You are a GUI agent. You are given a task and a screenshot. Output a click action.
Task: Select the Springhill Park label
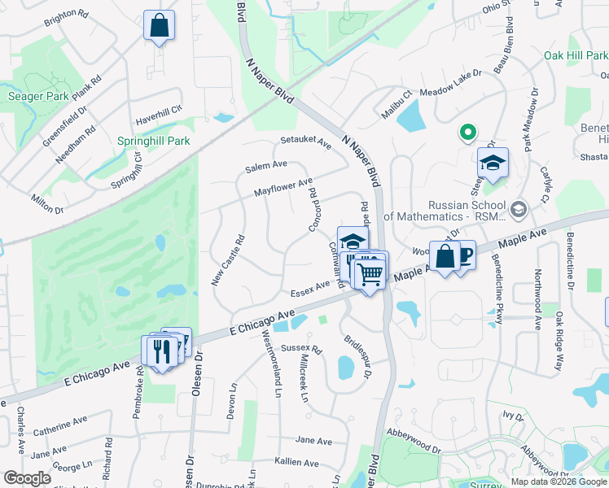153,141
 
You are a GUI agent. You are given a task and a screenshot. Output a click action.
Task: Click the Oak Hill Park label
576,55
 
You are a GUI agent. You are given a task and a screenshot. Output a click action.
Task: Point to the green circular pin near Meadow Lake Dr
467,131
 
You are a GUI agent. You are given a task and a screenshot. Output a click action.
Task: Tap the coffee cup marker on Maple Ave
464,255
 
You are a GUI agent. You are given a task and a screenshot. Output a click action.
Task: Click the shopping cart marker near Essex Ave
370,274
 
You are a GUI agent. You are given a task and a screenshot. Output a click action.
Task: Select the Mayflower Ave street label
283,188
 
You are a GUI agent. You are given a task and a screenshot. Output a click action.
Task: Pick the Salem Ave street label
266,165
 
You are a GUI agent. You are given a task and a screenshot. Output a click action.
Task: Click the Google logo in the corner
28,477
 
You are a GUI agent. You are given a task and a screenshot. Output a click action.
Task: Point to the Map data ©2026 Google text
559,481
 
